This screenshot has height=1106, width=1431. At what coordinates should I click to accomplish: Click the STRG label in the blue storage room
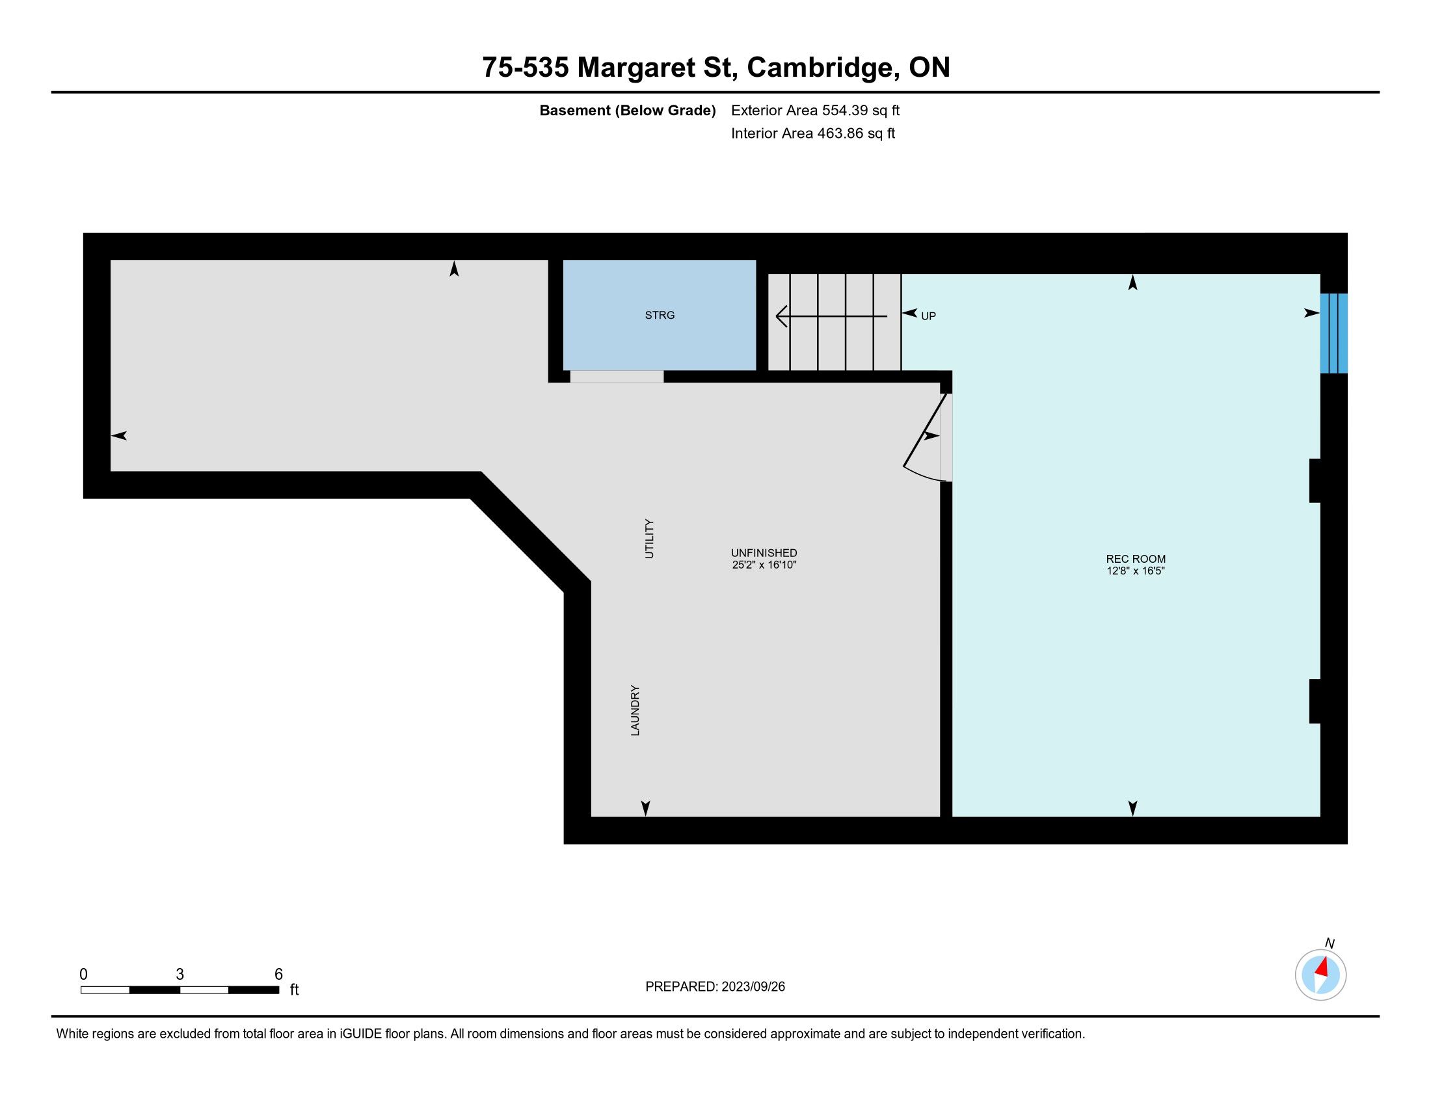coord(659,315)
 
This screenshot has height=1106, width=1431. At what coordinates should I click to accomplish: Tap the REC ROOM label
coord(1136,559)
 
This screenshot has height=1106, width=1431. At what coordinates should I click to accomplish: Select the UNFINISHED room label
coord(764,553)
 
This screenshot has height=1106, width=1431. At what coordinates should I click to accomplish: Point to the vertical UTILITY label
coord(649,539)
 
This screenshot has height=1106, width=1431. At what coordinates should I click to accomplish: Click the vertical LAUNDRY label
coord(635,710)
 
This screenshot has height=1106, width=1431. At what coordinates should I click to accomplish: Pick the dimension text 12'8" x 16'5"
coord(1136,571)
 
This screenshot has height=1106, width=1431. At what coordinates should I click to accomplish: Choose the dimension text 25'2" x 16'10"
coord(764,565)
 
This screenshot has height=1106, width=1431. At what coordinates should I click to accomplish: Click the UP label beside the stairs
coord(928,316)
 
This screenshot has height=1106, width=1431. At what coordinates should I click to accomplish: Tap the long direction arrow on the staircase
coord(831,316)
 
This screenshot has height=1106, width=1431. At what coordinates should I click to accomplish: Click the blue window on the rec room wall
coord(1333,333)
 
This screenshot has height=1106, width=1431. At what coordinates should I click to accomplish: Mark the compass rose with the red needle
coord(1320,975)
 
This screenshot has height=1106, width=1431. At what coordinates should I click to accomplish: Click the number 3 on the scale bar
coord(180,975)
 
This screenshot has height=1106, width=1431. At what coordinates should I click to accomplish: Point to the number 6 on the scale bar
coord(278,975)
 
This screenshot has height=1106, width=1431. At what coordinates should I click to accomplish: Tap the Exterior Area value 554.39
coord(844,110)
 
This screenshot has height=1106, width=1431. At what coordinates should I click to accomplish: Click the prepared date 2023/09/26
coord(753,987)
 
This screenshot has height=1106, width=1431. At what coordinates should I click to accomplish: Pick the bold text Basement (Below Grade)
coord(627,111)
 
